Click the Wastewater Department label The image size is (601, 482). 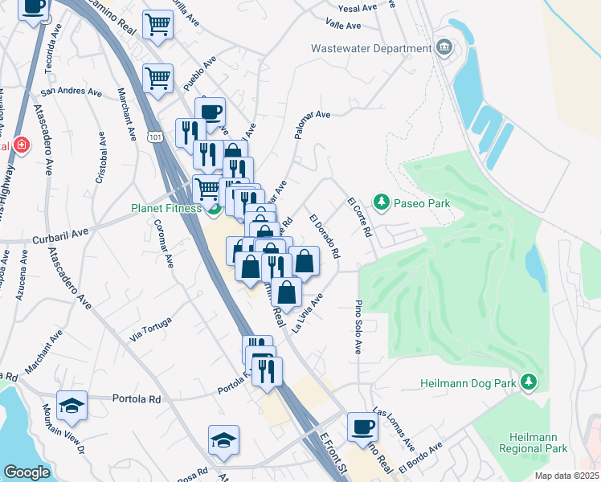tap(371, 48)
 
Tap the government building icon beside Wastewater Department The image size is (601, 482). tap(444, 48)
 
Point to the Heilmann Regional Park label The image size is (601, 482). tap(544, 442)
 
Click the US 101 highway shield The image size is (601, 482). tap(153, 138)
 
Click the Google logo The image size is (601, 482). tap(27, 472)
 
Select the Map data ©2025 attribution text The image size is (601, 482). tap(566, 476)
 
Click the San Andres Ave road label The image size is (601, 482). tap(72, 92)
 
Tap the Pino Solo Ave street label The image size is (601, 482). tap(358, 328)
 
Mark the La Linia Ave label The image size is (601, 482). tap(308, 312)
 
